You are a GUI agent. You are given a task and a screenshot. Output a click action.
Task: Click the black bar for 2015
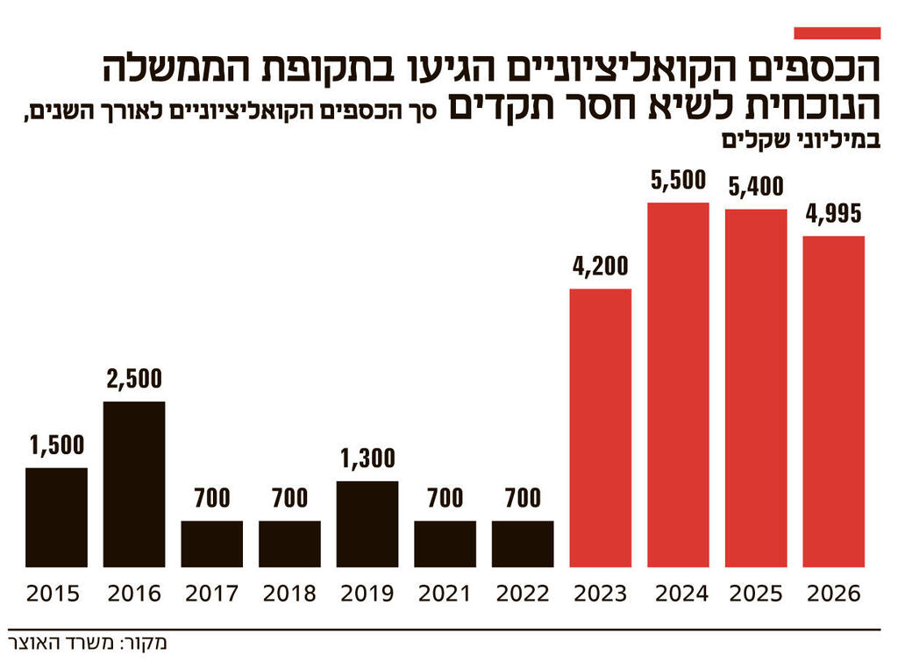[56, 517]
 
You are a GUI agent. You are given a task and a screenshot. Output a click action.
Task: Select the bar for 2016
[134, 484]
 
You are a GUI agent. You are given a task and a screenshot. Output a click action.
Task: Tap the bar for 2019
[367, 523]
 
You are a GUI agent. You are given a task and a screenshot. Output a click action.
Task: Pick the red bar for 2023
[601, 428]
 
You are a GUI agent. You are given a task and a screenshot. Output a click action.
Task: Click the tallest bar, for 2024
[678, 385]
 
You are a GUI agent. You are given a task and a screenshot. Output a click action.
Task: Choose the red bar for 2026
[834, 402]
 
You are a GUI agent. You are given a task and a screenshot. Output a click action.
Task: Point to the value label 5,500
[678, 182]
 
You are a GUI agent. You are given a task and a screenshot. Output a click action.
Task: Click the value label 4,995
[834, 214]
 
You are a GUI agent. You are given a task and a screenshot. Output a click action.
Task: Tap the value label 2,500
[134, 381]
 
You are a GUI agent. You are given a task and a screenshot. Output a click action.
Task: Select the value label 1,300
[367, 459]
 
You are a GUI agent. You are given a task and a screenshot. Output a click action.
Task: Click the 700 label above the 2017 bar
[212, 499]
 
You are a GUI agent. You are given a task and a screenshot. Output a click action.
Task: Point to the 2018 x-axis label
[289, 594]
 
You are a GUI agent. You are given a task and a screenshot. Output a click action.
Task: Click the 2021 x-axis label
[445, 594]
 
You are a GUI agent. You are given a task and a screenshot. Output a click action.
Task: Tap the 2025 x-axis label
[756, 594]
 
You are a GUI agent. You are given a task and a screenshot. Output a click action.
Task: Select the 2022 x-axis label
[523, 594]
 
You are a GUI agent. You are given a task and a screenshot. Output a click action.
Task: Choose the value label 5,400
[756, 187]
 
